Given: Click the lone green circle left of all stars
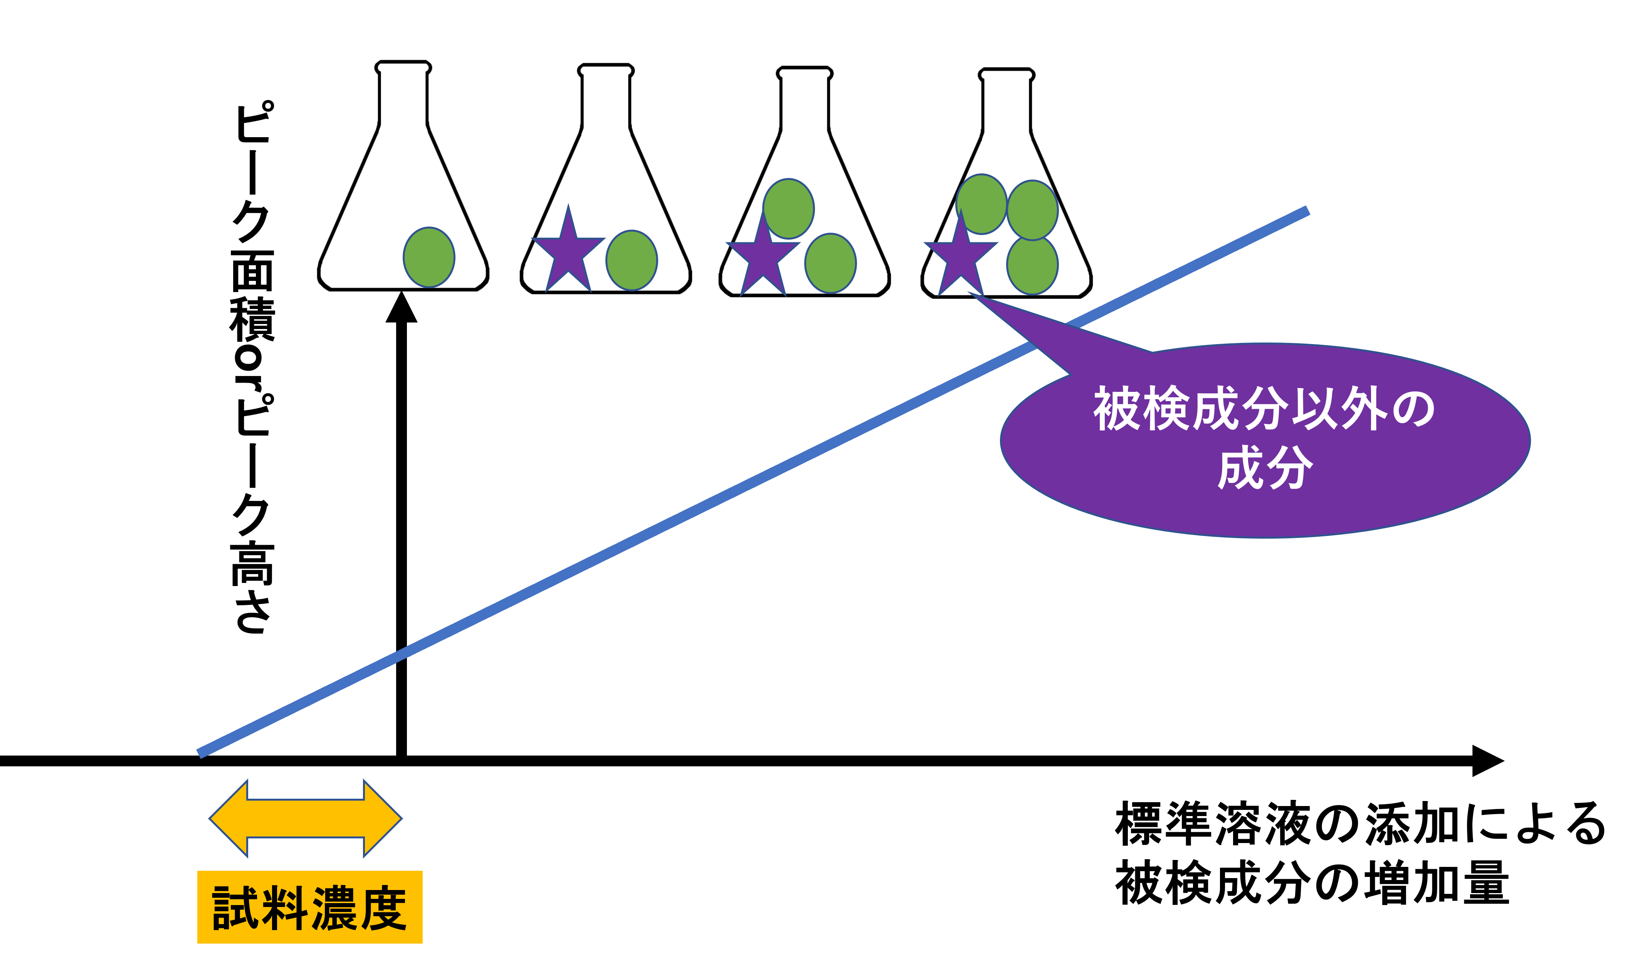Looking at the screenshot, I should [x=429, y=257].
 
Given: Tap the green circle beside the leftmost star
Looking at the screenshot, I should [x=631, y=260].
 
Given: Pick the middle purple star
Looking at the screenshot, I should [x=763, y=257].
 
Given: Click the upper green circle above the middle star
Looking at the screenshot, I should [x=788, y=208].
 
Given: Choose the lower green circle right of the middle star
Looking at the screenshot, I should [x=830, y=263].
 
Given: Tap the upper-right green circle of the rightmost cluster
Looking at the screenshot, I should [x=1032, y=210].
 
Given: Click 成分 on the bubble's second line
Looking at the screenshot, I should [x=1265, y=467].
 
